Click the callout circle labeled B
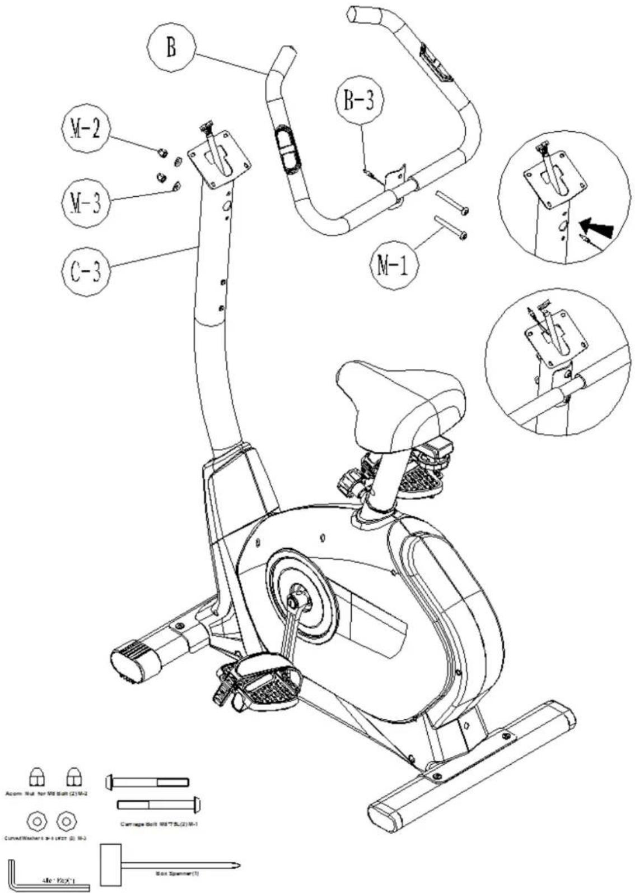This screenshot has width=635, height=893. coord(170,48)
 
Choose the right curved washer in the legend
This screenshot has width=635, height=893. coord(66,821)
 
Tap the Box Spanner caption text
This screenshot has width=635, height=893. coord(176,873)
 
